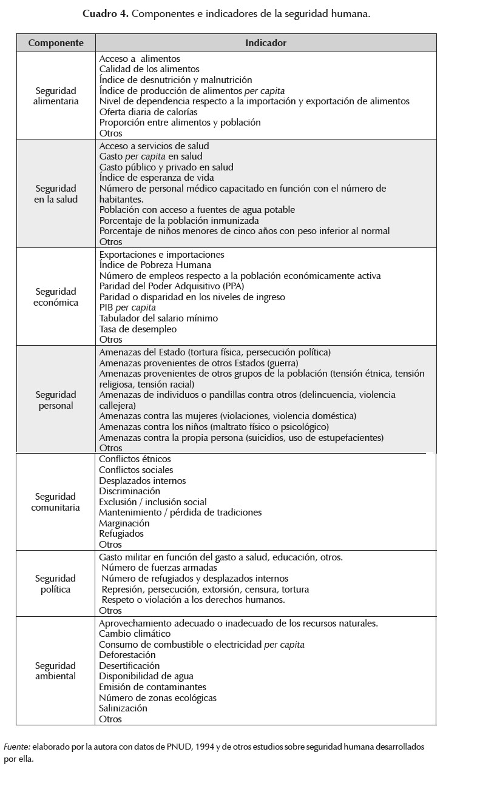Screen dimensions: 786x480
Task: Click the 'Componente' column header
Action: pyautogui.click(x=56, y=43)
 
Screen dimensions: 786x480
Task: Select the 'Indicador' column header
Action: pyautogui.click(x=266, y=43)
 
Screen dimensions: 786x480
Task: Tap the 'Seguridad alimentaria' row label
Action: pyautogui.click(x=56, y=96)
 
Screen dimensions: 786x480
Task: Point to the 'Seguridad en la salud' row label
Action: pyautogui.click(x=56, y=193)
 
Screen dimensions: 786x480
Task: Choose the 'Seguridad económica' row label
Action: pyautogui.click(x=56, y=297)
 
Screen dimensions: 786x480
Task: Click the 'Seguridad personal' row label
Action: pyautogui.click(x=56, y=400)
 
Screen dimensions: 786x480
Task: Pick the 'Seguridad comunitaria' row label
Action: pyautogui.click(x=56, y=502)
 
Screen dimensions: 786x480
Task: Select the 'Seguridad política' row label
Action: pyautogui.click(x=56, y=583)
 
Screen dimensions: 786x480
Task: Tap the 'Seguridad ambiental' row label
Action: pyautogui.click(x=56, y=671)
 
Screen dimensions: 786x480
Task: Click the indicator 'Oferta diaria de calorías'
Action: pyautogui.click(x=148, y=112)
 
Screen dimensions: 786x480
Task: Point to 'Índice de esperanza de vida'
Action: pyautogui.click(x=156, y=178)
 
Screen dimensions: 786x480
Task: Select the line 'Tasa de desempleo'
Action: pyautogui.click(x=138, y=329)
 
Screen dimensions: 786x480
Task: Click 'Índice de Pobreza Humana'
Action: pyautogui.click(x=155, y=265)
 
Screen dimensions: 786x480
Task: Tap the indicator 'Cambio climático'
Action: pyautogui.click(x=135, y=634)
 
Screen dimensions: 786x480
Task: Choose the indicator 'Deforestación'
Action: pyautogui.click(x=127, y=655)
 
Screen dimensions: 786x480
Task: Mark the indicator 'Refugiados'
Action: pyautogui.click(x=121, y=534)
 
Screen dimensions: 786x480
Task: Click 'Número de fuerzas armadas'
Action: pyautogui.click(x=159, y=568)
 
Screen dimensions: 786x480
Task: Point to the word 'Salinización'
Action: pyautogui.click(x=123, y=708)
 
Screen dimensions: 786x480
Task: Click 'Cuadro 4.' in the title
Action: pyautogui.click(x=105, y=13)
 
